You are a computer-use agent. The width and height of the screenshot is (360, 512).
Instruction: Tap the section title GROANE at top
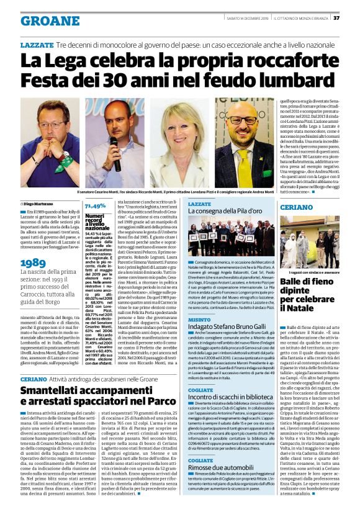pos(50,20)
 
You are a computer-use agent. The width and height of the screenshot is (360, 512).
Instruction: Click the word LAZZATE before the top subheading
pos(37,46)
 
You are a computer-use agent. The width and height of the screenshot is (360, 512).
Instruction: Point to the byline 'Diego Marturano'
pos(41,203)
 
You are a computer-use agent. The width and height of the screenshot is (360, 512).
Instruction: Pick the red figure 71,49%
pos(95,205)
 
